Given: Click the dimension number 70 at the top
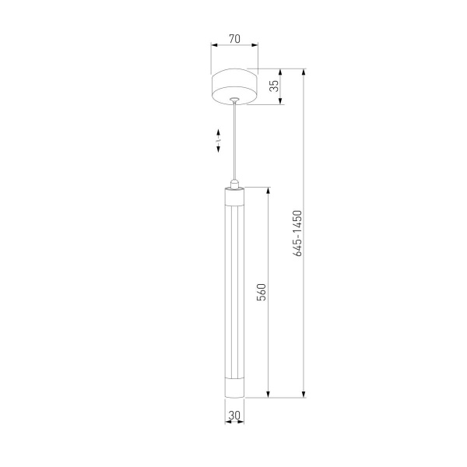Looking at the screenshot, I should (234, 37).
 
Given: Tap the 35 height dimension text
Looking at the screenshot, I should (275, 86).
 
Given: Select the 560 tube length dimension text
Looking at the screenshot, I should (262, 292).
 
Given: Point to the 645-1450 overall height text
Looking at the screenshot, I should (297, 234).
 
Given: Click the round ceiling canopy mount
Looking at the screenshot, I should (234, 87).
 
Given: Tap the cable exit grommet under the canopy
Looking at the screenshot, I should (234, 100).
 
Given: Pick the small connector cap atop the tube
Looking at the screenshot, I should (234, 183).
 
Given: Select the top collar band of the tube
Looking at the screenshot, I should (234, 195).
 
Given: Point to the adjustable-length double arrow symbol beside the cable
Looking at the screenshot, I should (219, 142).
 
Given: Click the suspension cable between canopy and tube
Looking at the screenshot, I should (234, 140).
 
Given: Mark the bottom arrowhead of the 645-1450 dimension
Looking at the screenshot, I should (304, 395).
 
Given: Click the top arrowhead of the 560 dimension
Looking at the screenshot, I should (269, 191).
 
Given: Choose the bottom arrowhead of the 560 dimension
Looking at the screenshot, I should (269, 395).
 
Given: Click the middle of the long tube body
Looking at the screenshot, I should (234, 292).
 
